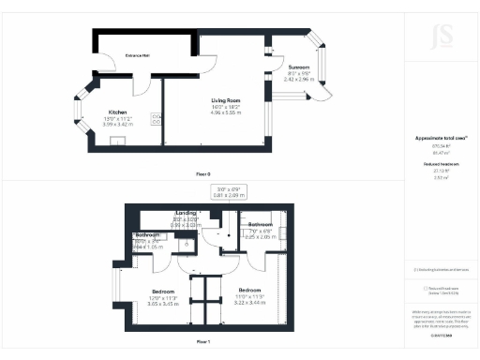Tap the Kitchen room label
click(118, 112)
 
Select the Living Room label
click(227, 99)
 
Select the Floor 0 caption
click(203, 174)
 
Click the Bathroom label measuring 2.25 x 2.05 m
click(260, 225)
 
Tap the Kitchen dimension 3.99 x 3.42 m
click(118, 125)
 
